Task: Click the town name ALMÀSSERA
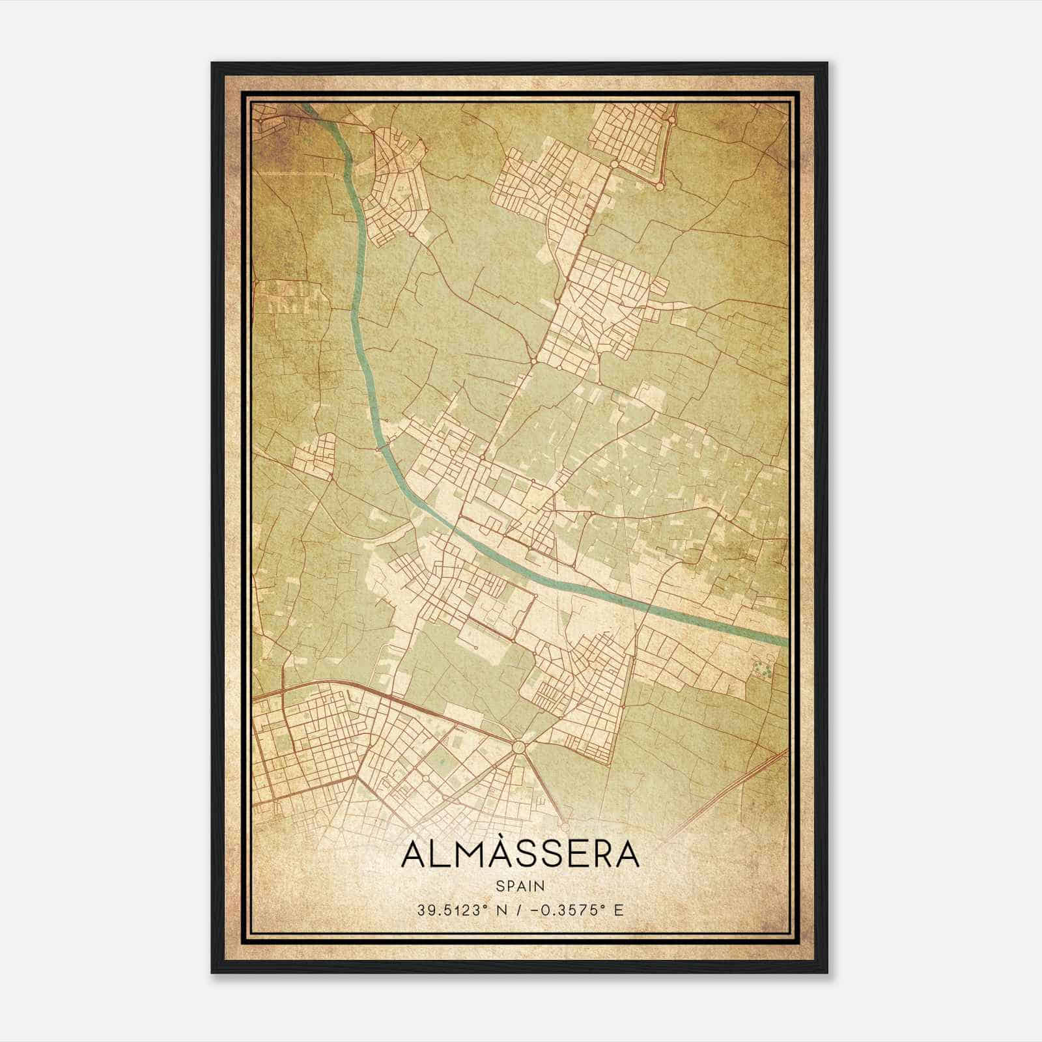(x=520, y=854)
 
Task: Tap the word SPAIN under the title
(x=520, y=886)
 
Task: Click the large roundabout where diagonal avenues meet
(x=519, y=747)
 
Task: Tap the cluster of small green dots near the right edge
(x=762, y=668)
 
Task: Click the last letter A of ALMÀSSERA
(x=627, y=855)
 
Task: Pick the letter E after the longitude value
(x=619, y=910)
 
